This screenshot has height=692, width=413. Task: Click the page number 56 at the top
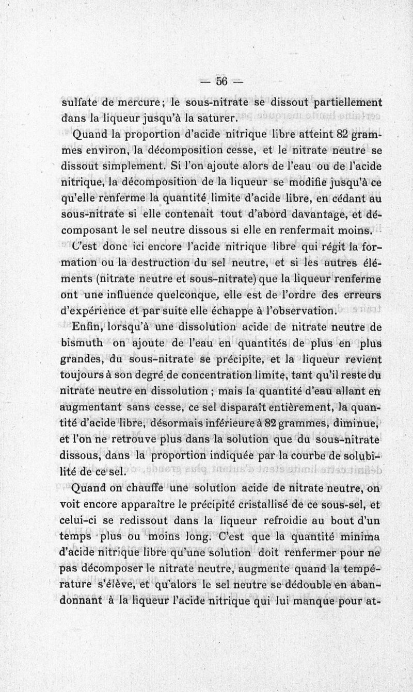[222, 81]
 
